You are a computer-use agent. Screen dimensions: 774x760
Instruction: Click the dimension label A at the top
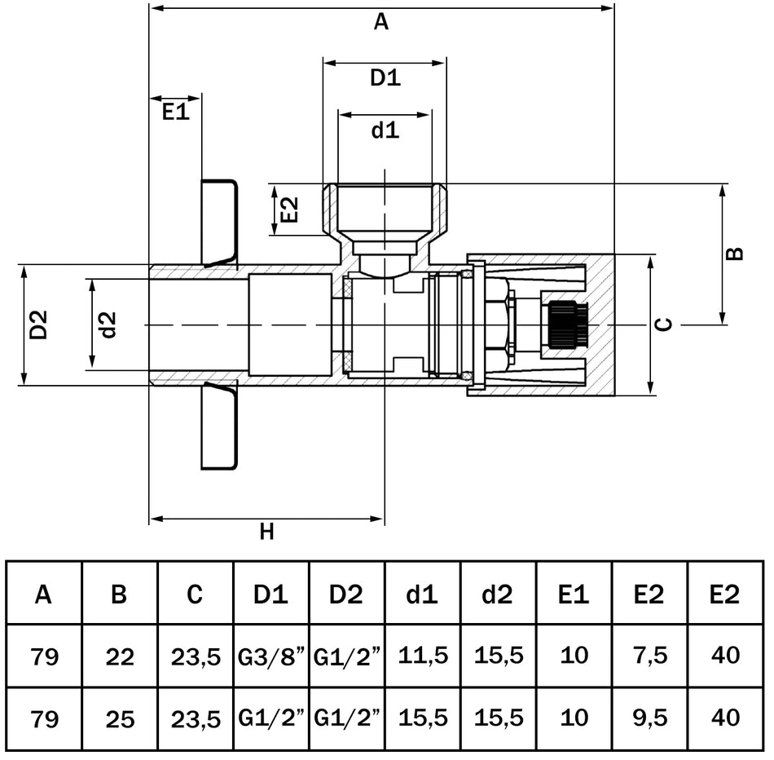[x=381, y=23]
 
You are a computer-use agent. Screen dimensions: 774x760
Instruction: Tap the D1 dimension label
[x=385, y=78]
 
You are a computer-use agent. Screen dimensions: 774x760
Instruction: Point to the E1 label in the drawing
[x=174, y=113]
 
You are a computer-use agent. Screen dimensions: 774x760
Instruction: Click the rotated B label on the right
[x=734, y=253]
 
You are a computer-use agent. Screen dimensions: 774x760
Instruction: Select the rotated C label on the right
[x=665, y=325]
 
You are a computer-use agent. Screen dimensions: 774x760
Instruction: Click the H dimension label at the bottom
[x=266, y=532]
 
